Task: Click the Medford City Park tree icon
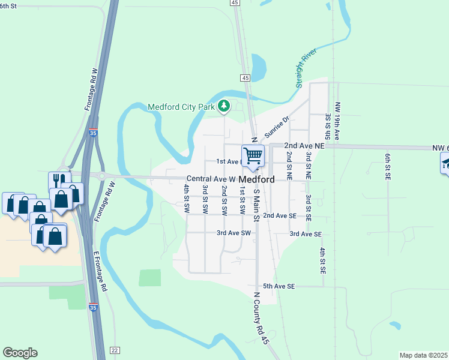224,107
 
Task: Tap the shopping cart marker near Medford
253,155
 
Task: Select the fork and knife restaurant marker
59,181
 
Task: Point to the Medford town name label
257,179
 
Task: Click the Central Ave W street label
211,179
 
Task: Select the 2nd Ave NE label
304,146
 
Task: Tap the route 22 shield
115,350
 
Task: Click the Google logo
20,353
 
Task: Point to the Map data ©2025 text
423,355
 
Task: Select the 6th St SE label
388,167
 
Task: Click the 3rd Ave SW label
233,233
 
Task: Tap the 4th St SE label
322,261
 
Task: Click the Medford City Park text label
182,107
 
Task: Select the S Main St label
256,205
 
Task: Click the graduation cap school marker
446,163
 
